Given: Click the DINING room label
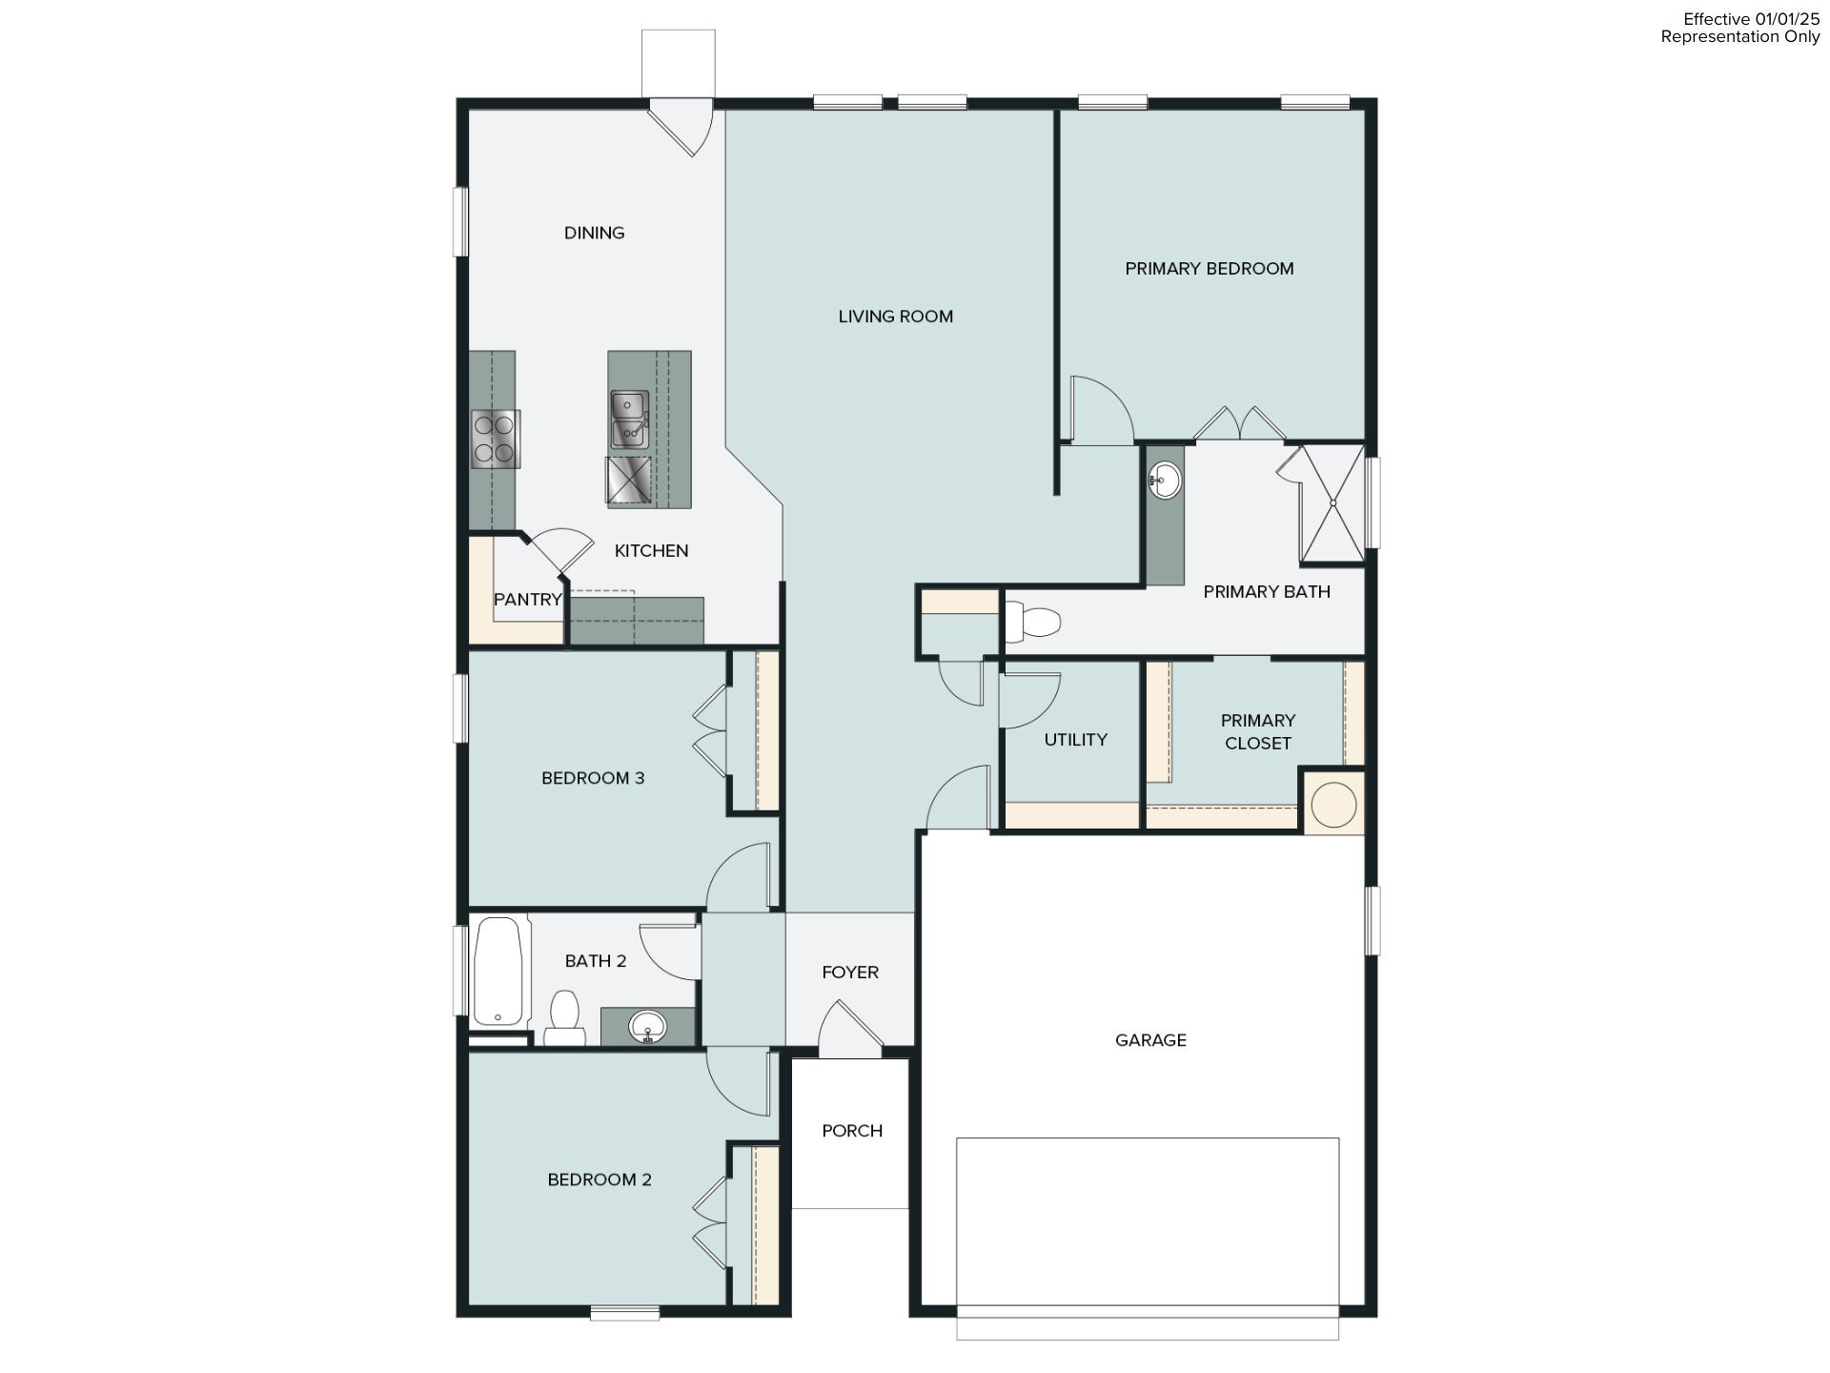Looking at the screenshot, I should point(594,233).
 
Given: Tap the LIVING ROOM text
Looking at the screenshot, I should point(895,317).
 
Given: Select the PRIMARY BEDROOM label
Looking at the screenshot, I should point(1209,269).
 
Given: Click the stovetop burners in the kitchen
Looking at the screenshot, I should point(495,439).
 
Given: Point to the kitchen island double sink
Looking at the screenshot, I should point(629,419).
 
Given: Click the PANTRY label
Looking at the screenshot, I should point(527,600).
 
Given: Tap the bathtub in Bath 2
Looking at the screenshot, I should point(498,971).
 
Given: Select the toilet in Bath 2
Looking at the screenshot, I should point(564,1017).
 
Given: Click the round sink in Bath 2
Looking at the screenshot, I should point(648,1027).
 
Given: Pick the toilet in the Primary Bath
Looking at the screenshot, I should point(1033,622).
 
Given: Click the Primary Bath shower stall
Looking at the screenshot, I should point(1332,502).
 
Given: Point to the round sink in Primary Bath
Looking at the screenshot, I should point(1165,480).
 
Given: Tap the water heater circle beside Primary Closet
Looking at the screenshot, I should point(1333,804).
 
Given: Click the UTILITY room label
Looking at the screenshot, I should point(1075,740).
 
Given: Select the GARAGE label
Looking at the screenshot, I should point(1150,1040).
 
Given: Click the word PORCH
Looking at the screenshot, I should point(852,1131).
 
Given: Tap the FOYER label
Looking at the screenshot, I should point(850,973).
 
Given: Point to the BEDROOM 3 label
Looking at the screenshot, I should point(593,778).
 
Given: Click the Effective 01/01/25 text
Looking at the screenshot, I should point(1752,19).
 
